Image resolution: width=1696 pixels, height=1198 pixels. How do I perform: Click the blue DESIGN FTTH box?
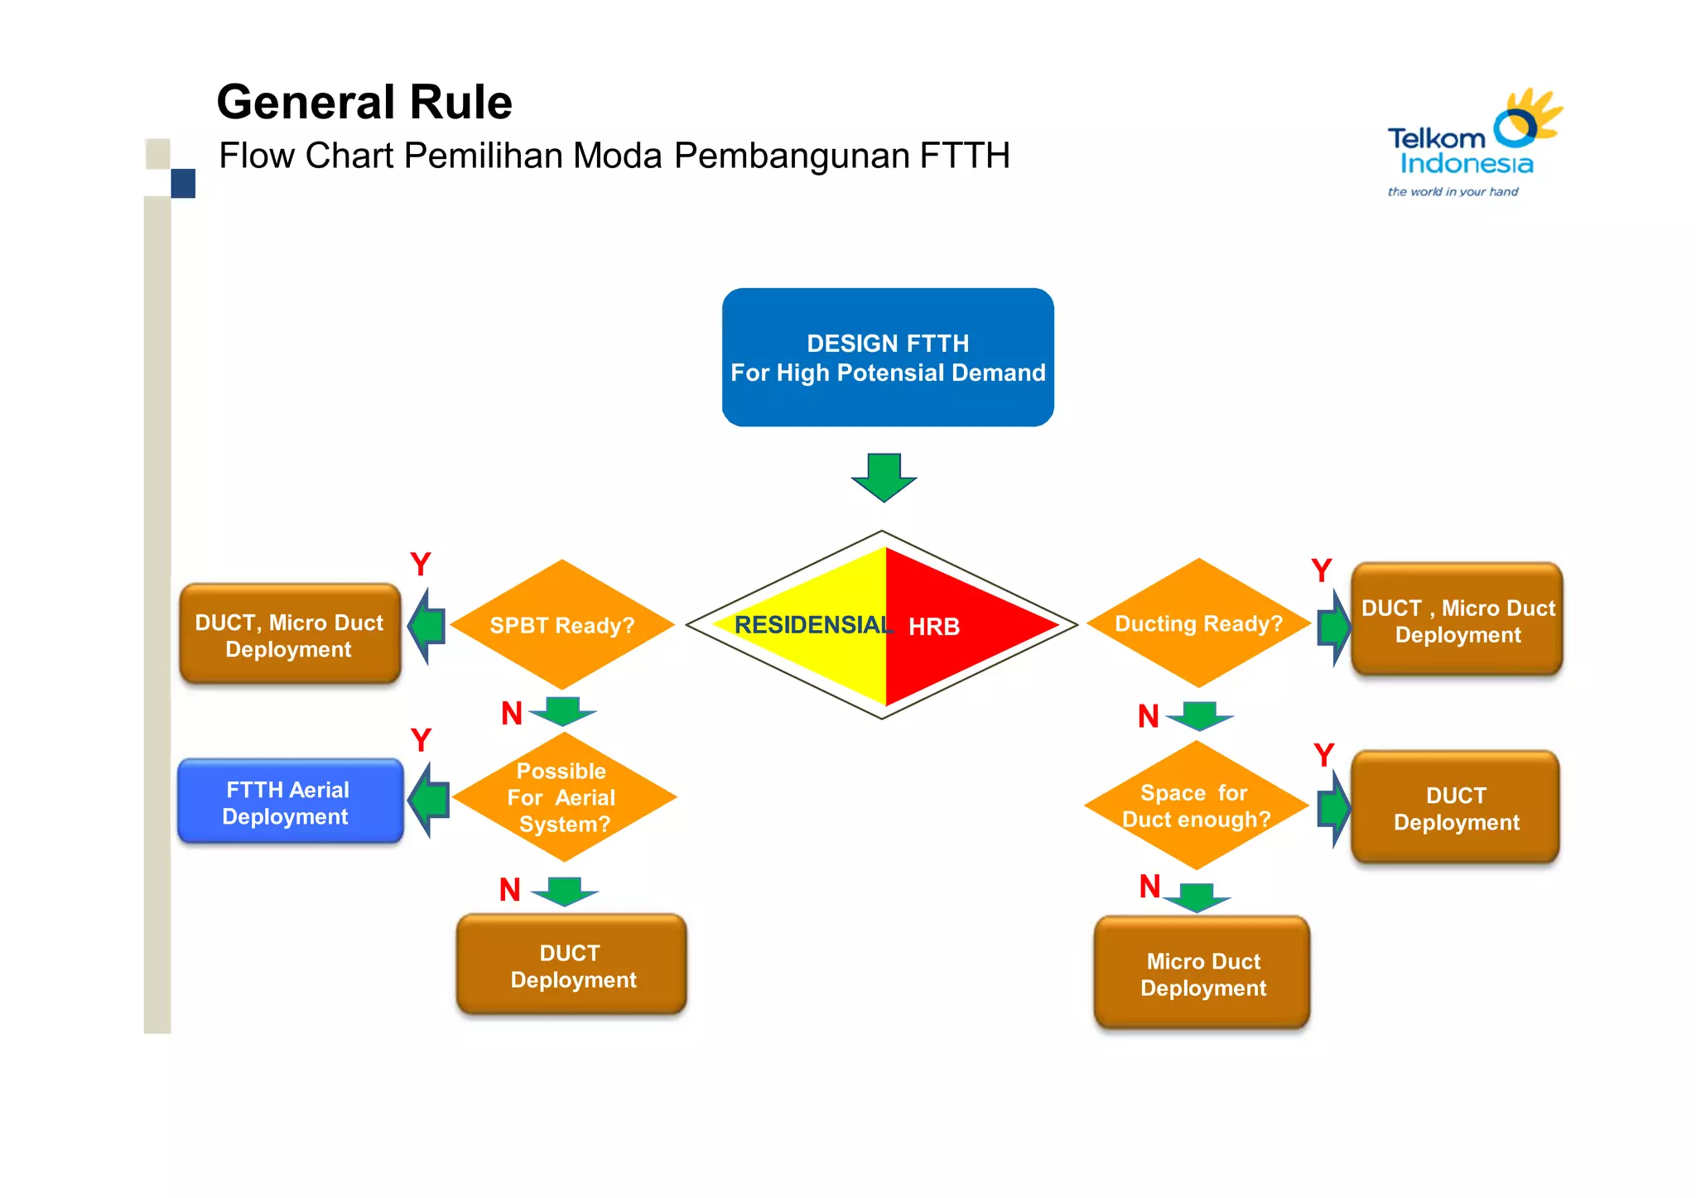pos(887,357)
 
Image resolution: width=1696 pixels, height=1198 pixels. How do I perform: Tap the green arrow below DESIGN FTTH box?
pos(884,477)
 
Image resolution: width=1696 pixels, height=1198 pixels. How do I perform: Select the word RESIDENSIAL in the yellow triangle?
pos(812,625)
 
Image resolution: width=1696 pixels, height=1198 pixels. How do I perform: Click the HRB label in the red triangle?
pos(934,627)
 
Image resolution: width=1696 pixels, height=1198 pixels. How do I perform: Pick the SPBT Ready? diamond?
pos(561,625)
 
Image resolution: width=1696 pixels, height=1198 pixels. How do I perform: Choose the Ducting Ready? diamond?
pos(1197,623)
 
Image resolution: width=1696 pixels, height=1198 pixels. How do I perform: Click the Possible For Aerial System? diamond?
pos(562,797)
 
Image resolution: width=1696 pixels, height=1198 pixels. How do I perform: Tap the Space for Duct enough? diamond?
pos(1195,806)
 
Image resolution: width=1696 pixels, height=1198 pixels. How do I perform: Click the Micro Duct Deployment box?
pos(1202,974)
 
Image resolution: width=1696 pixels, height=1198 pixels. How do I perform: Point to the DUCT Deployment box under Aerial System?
pos(571,965)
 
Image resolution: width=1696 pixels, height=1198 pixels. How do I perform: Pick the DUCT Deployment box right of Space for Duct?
pos(1455,808)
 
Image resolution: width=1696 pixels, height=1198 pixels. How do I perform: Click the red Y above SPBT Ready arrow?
pos(421,565)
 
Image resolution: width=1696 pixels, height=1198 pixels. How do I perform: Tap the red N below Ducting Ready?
pos(1148,716)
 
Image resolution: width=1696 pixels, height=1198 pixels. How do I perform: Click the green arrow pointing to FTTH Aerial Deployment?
pos(429,801)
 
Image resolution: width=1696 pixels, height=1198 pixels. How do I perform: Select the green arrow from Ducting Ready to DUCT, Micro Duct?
pos(1333,627)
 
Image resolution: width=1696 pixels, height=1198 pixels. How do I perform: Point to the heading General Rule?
pos(364,102)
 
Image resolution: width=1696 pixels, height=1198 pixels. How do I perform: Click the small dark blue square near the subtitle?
pos(183,183)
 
